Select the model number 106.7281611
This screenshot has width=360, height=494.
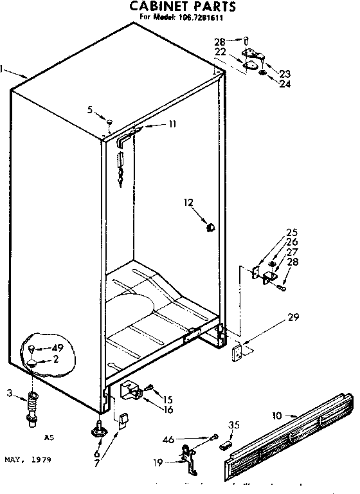click(x=200, y=18)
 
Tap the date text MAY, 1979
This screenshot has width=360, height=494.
click(x=28, y=460)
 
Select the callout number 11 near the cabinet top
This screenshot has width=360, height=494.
click(x=172, y=125)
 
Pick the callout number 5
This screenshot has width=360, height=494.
click(x=91, y=109)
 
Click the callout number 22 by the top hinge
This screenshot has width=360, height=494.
click(x=220, y=51)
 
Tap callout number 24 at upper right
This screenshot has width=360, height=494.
click(x=285, y=83)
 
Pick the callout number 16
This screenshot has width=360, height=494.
click(x=168, y=409)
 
